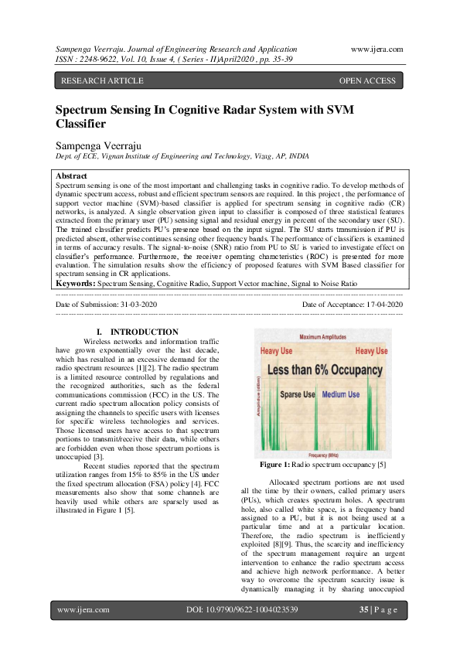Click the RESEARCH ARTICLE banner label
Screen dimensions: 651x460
[x=101, y=80]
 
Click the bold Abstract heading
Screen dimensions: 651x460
[x=72, y=176]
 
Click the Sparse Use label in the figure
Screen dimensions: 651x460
[x=297, y=394]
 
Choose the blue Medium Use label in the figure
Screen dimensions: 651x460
[x=341, y=394]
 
